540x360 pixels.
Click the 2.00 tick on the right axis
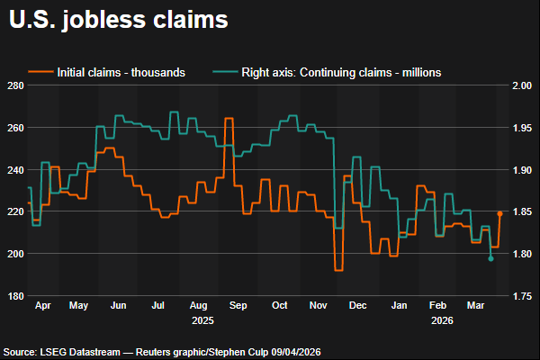click(522, 85)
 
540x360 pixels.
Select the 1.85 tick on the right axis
click(522, 211)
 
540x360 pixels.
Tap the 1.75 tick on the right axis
click(522, 295)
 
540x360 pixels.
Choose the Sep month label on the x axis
click(238, 306)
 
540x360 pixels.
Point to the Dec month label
click(358, 306)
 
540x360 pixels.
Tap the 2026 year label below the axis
click(441, 319)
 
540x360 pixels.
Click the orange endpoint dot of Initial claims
click(500, 214)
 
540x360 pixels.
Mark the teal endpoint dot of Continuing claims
click(491, 258)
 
